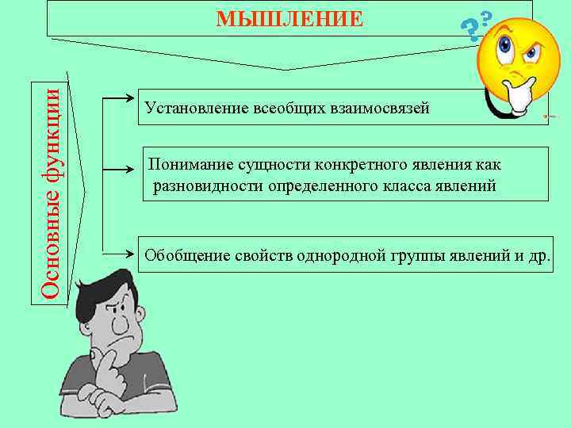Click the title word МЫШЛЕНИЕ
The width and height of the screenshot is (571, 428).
click(x=290, y=18)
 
